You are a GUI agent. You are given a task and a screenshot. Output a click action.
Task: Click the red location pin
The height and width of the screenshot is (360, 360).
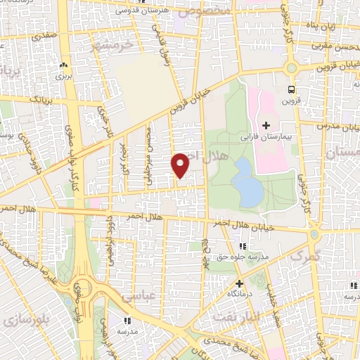point(181,165)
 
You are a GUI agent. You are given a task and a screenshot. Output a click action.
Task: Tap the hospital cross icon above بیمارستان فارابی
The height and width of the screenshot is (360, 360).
point(265,126)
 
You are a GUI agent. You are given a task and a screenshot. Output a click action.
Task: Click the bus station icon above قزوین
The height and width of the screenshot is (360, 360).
point(291,89)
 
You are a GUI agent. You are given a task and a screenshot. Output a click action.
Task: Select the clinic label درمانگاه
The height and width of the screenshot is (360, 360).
point(239,292)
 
